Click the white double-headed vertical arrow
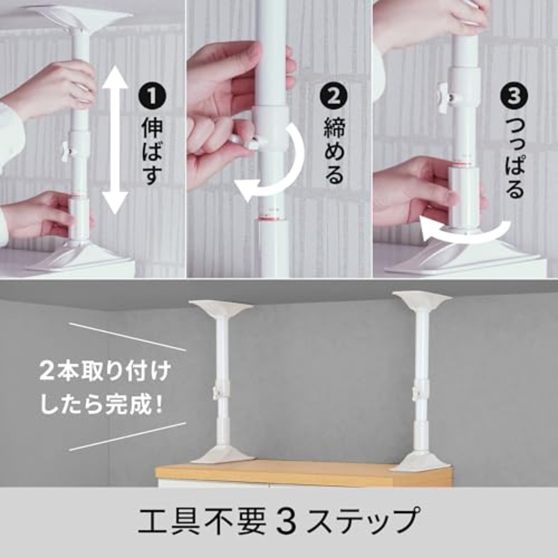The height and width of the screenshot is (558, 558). [115, 139]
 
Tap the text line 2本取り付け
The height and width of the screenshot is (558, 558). [104, 373]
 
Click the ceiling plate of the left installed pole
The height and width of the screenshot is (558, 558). [221, 310]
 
